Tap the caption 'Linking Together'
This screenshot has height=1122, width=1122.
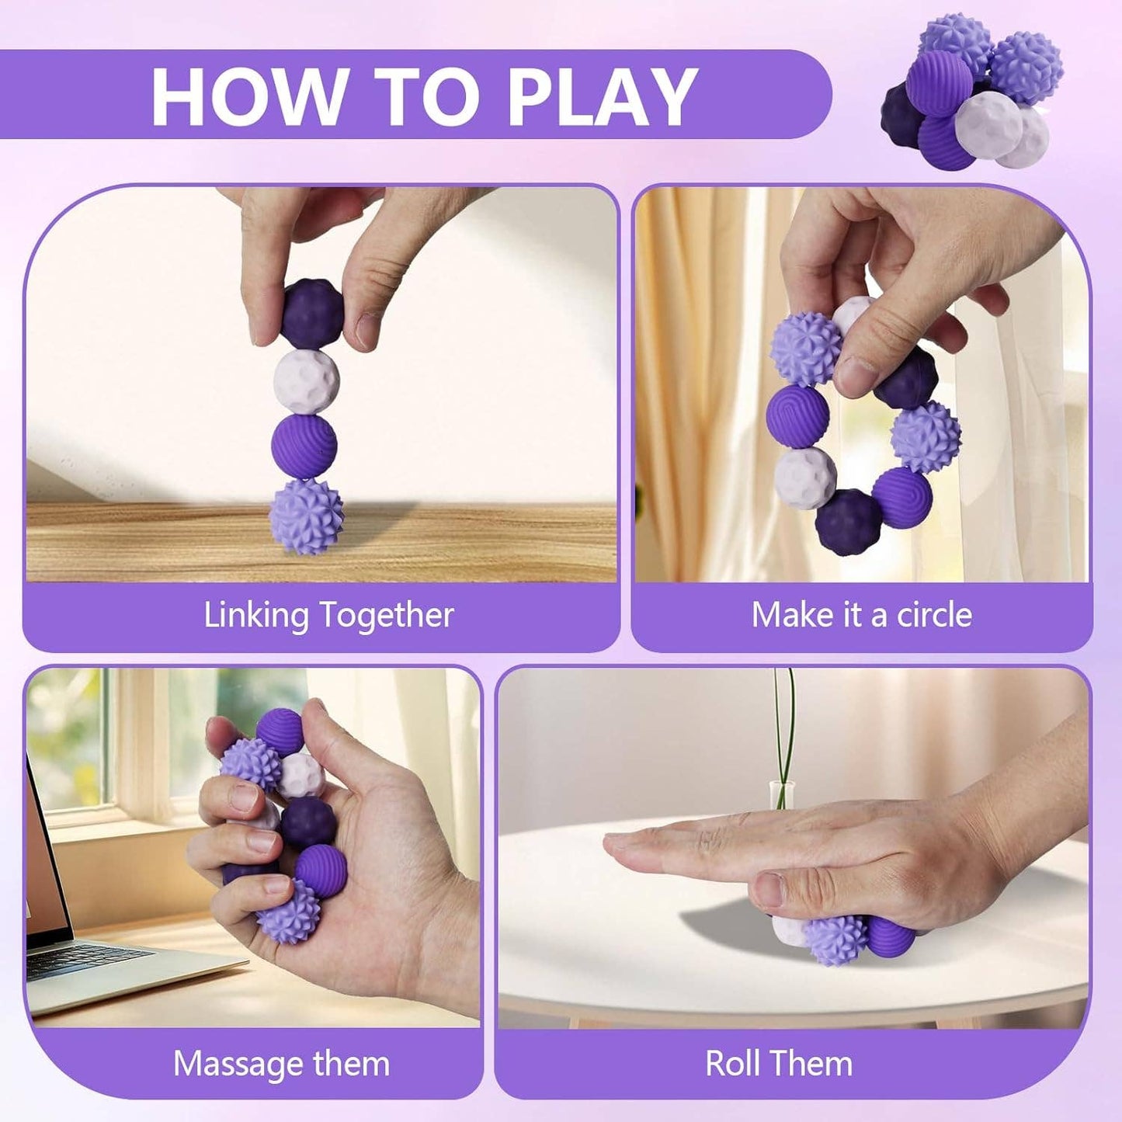click(x=328, y=615)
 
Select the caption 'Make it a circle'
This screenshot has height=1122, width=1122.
click(x=861, y=615)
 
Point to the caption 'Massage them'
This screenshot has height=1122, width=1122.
click(x=281, y=1063)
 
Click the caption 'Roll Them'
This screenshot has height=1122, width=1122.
click(x=779, y=1063)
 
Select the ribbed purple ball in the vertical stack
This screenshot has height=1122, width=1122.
click(x=304, y=446)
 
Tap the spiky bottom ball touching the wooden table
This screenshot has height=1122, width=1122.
click(x=306, y=516)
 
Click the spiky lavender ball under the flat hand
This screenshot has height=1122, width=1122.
click(x=835, y=938)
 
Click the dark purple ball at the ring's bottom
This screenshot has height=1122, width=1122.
click(x=848, y=522)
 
